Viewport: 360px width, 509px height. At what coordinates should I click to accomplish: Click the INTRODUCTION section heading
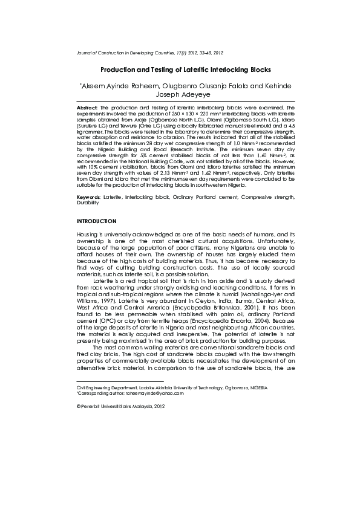[97, 221]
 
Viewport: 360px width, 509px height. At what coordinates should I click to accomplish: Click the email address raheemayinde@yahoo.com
[157, 392]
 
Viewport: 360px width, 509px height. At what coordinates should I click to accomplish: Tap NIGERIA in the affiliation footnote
[258, 387]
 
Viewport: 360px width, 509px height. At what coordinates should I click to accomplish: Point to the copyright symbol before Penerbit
[79, 407]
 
